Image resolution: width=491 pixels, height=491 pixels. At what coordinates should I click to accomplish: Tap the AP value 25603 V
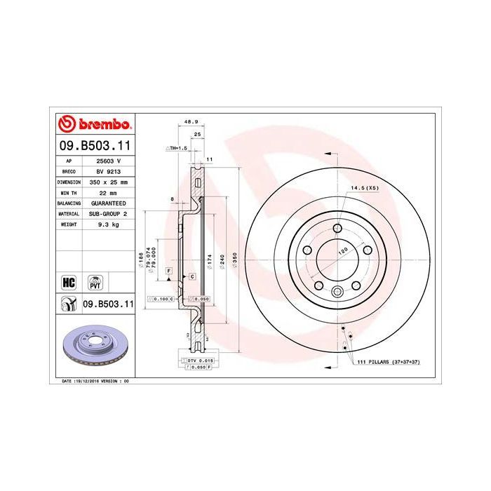point(108,161)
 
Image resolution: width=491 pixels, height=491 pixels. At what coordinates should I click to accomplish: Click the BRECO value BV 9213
point(108,170)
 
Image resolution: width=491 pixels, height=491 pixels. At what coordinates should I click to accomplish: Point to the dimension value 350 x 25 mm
point(108,181)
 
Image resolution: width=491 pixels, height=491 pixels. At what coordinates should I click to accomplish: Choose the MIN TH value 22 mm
point(108,191)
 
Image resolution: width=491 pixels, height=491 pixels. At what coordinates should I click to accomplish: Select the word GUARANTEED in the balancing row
point(108,202)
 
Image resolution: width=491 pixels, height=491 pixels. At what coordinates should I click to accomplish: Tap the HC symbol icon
point(69,283)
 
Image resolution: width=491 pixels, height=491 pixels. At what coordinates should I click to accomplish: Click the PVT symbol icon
point(95,283)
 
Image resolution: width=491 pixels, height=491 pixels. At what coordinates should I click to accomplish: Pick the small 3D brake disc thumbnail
point(94,348)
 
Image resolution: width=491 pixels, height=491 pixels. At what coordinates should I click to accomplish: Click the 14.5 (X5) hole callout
point(365,189)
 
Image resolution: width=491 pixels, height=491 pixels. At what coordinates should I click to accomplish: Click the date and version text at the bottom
point(93,380)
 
